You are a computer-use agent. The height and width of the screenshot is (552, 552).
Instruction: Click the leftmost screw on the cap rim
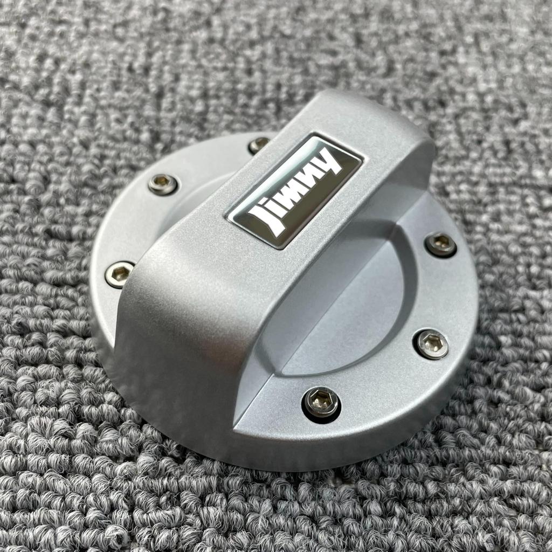pyautogui.click(x=119, y=274)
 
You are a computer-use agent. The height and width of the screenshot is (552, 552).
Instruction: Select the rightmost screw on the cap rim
pyautogui.click(x=441, y=244)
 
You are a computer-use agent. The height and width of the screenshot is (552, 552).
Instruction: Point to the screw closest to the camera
pyautogui.click(x=322, y=403)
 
